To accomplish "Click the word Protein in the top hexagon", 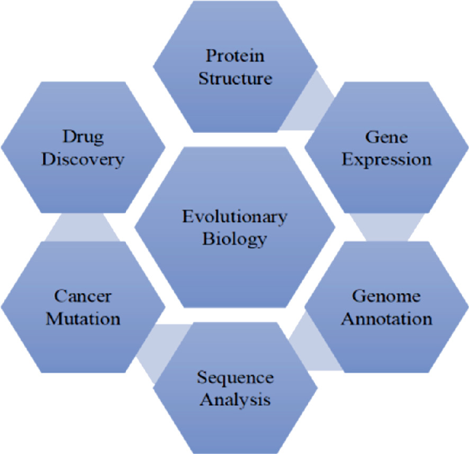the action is click(x=235, y=55).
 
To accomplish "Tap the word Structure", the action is click(x=236, y=78).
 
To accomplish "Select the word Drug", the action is click(x=83, y=138).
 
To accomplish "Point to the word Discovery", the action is click(x=83, y=160).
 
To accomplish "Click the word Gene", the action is click(x=386, y=137).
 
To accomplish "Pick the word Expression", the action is click(x=386, y=160).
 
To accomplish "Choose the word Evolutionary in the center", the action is click(x=235, y=217).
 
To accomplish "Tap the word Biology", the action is click(x=234, y=239).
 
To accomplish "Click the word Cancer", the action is click(x=83, y=297).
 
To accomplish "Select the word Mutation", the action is click(x=83, y=319).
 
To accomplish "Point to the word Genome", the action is click(x=386, y=297).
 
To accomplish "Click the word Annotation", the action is click(x=386, y=319).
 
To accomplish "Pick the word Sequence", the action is click(x=235, y=378).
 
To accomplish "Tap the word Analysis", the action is click(x=235, y=400).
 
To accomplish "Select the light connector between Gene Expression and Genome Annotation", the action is click(x=387, y=227).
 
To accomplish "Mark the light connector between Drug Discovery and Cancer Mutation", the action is click(x=83, y=227).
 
